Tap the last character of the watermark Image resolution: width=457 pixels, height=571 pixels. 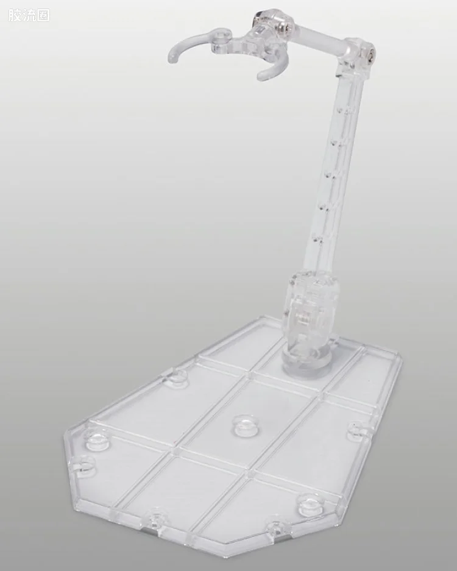pyautogui.click(x=43, y=15)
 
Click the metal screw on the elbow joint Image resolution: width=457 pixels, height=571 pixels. pyautogui.click(x=370, y=52)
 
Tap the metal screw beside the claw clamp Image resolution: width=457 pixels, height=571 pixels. pyautogui.click(x=287, y=26)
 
